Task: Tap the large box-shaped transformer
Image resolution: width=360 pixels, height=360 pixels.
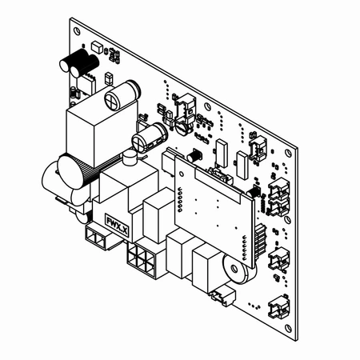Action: pyautogui.click(x=94, y=130)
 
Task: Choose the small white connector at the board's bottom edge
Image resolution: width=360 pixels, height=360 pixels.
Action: pyautogui.click(x=218, y=298)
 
